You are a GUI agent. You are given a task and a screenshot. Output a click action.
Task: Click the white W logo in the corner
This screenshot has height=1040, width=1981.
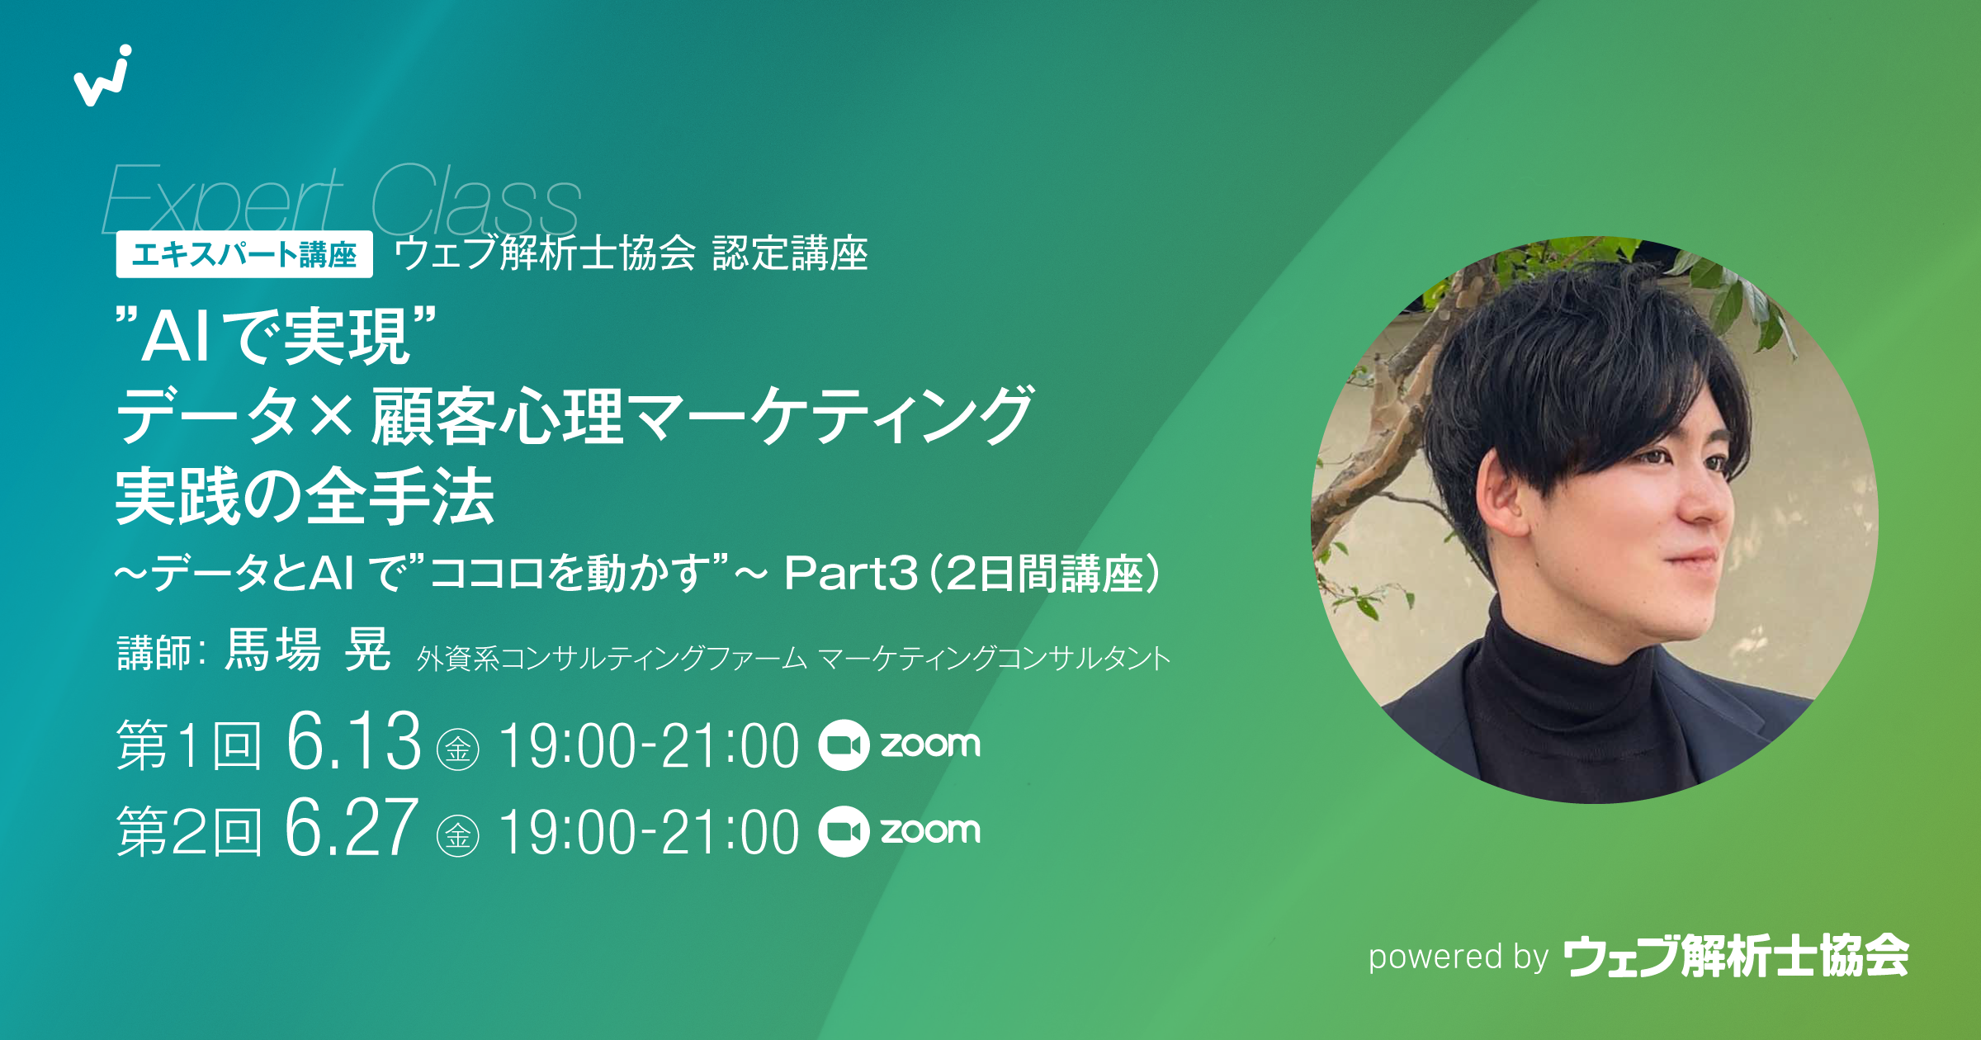[x=103, y=76]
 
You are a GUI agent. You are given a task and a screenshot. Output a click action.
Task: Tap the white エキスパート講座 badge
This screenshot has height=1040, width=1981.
[x=244, y=254]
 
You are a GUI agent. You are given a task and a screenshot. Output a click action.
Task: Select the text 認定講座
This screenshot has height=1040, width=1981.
[x=790, y=253]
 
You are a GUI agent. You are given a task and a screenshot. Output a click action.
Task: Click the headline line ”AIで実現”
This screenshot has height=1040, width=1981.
[x=277, y=336]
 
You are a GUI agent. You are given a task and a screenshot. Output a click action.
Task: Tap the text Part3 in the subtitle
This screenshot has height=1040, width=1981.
[x=850, y=573]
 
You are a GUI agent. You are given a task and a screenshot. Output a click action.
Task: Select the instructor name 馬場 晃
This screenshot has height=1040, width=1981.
[x=308, y=650]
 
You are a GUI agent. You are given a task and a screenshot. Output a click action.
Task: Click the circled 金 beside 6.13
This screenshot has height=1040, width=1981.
[x=458, y=749]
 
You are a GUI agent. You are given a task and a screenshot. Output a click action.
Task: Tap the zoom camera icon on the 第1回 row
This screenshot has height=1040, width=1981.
[x=844, y=745]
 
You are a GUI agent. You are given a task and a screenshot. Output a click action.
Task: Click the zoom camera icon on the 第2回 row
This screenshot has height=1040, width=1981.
[x=844, y=831]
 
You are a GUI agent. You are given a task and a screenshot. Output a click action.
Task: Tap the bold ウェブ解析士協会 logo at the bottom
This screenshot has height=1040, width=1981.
[x=1736, y=956]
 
